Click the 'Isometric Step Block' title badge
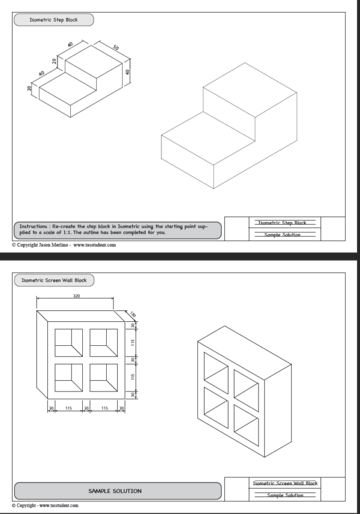[x=53, y=20]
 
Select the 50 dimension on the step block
[x=116, y=47]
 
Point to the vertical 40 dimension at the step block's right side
[x=127, y=71]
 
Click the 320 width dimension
[x=76, y=296]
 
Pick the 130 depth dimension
[x=131, y=313]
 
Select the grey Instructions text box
[x=116, y=229]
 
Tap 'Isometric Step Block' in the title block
[x=283, y=223]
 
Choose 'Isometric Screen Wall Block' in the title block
[x=285, y=483]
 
